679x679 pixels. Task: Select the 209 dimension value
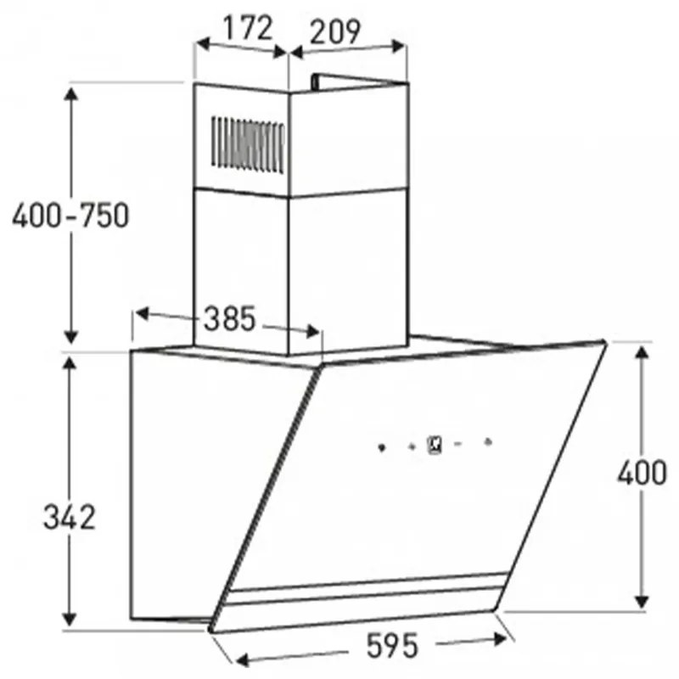click(x=334, y=32)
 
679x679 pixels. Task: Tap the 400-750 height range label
click(x=70, y=216)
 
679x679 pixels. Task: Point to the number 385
click(x=229, y=319)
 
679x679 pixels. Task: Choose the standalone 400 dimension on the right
click(x=642, y=472)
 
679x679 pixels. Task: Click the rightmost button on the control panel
click(x=488, y=441)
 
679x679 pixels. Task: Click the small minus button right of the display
click(x=457, y=442)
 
